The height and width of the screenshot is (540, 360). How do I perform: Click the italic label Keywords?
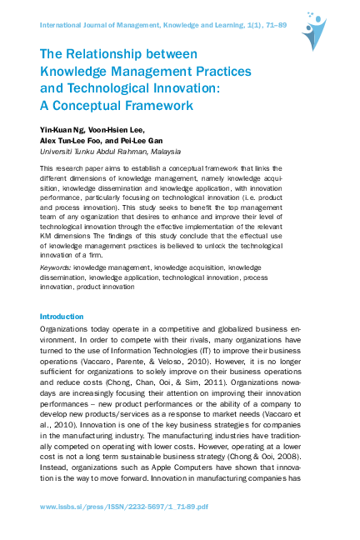click(55, 267)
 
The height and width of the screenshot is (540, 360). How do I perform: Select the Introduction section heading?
click(62, 317)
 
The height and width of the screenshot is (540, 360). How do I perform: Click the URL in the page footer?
click(122, 507)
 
